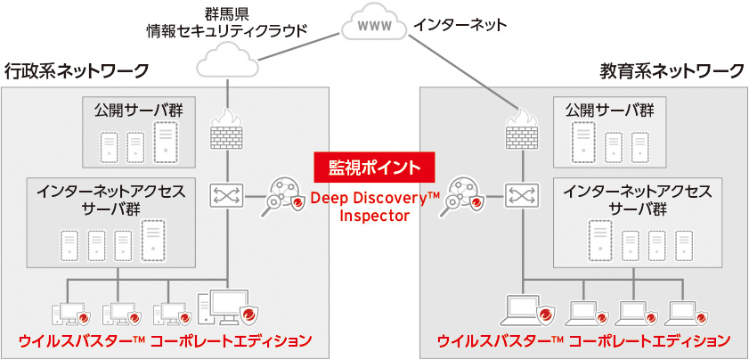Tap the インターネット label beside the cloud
pos(460,25)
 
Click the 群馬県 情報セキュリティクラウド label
pos(226,21)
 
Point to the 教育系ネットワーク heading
pos(672,70)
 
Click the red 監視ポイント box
pos(374,167)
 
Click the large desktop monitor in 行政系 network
pos(230,306)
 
